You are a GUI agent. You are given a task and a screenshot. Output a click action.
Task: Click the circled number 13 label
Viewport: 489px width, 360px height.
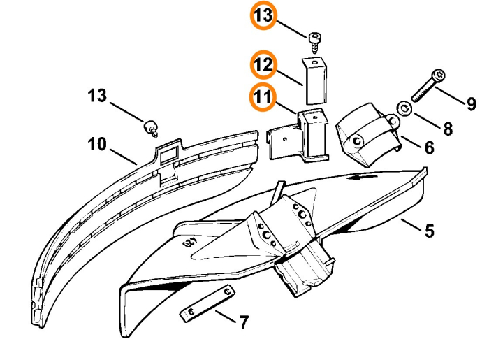264,17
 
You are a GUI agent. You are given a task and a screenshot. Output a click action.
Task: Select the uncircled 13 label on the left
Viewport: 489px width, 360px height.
97,95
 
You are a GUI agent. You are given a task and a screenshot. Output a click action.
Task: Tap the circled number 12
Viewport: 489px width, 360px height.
264,65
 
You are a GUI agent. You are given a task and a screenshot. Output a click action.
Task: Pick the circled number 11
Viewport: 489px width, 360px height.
264,97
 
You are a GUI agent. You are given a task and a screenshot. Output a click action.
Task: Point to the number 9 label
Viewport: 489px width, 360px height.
472,104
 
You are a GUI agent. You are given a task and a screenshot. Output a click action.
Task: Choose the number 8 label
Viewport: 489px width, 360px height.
448,129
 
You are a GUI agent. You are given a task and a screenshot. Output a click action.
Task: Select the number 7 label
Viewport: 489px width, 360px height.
242,322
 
